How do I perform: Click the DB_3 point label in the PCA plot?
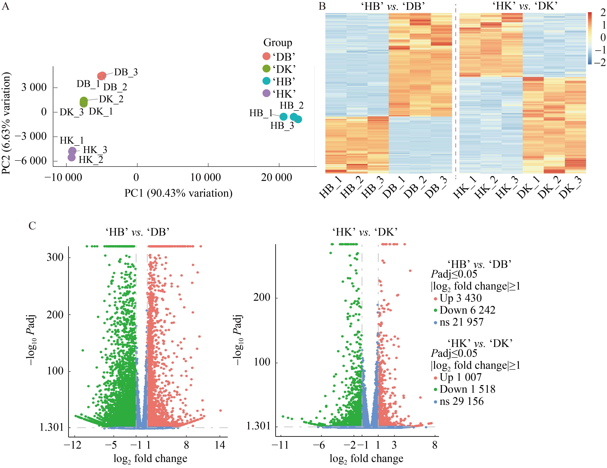tap(126, 72)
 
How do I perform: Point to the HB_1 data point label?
tap(261, 113)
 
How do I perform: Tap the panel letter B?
tap(322, 6)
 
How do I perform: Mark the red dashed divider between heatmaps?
tap(456, 92)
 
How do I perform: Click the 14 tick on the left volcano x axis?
tap(220, 445)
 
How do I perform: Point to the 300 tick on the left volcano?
tap(55, 257)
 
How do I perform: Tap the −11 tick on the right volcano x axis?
tap(280, 445)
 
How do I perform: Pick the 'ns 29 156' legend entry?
tap(461, 401)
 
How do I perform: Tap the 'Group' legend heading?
tap(278, 43)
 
